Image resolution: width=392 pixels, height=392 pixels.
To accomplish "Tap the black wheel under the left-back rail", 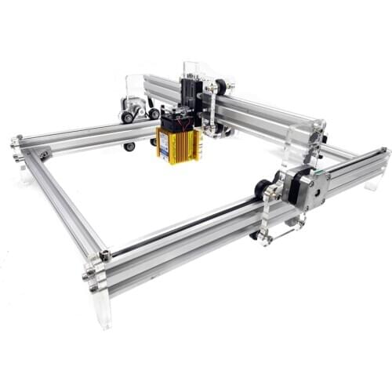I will [x=129, y=147].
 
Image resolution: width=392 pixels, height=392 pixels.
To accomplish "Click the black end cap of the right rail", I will [x=385, y=151].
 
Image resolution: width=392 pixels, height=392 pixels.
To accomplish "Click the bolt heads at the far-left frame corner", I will [x=15, y=143].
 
